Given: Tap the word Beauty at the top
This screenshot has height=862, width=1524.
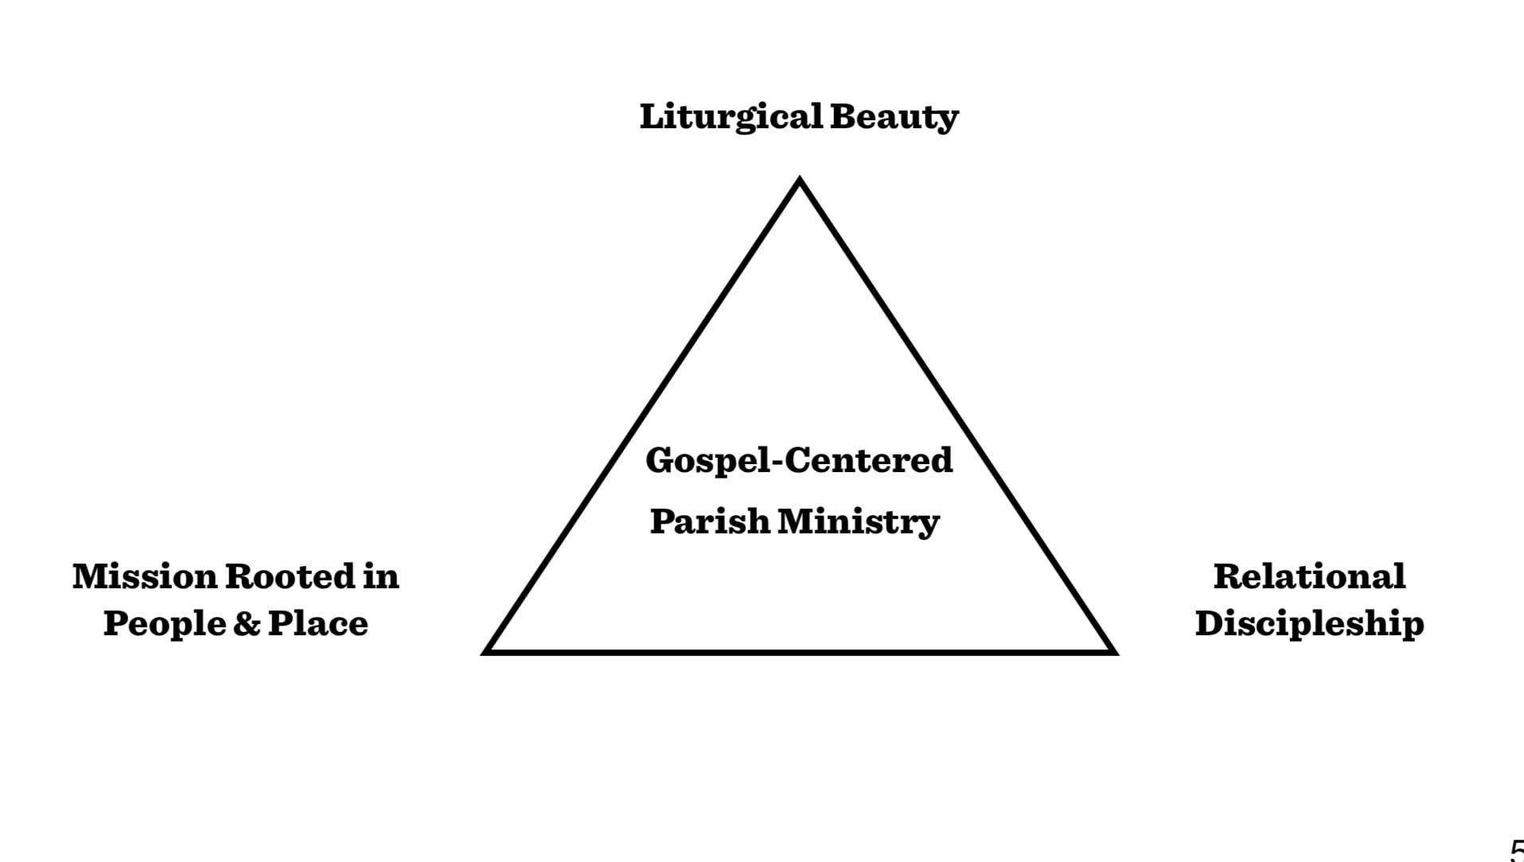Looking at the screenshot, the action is point(894,117).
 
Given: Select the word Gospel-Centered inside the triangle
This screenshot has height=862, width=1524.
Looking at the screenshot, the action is point(799,461).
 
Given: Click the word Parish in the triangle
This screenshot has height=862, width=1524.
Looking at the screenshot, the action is point(710,522).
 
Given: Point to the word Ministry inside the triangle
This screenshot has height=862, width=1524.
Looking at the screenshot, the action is point(859,522).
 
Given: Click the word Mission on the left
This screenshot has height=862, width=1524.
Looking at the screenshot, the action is point(145,577).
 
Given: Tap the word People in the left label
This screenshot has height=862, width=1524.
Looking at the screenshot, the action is point(164,623).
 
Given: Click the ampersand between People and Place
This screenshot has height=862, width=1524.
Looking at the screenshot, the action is point(247,624).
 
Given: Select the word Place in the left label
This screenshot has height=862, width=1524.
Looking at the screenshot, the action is point(318,623).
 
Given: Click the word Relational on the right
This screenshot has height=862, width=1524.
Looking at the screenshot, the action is point(1309,577).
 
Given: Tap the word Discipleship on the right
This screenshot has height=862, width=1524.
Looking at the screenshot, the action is point(1309,623).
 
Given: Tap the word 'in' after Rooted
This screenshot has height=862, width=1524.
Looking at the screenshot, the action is point(381,577).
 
